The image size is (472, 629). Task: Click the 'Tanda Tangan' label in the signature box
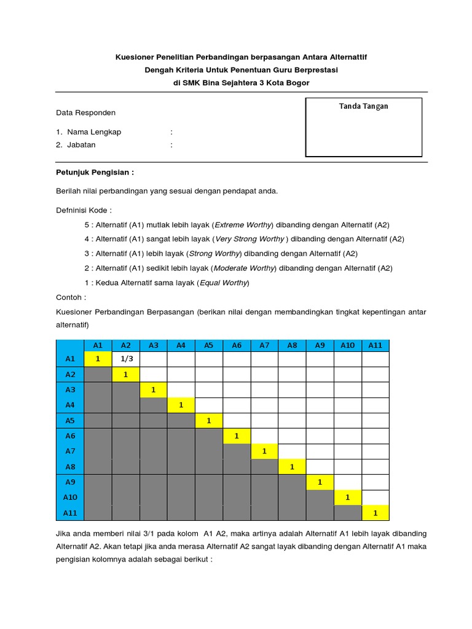point(363,106)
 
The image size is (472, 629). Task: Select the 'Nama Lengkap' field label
point(94,132)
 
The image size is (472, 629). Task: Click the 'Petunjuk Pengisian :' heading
point(95,173)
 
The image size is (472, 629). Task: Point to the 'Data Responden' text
point(85,113)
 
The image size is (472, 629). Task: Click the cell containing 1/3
point(127,359)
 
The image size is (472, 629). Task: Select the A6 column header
point(237,345)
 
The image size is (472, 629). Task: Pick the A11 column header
point(375,345)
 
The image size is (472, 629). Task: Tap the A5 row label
point(69,421)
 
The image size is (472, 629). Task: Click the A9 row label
point(69,482)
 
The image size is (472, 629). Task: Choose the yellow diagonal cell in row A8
point(292,467)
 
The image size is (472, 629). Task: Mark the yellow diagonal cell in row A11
point(375,513)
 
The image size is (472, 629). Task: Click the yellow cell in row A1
point(98,359)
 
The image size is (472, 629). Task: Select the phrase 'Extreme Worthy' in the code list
point(245,225)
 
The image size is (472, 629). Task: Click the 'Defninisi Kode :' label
point(84,210)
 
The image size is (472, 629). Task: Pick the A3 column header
point(154,345)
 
